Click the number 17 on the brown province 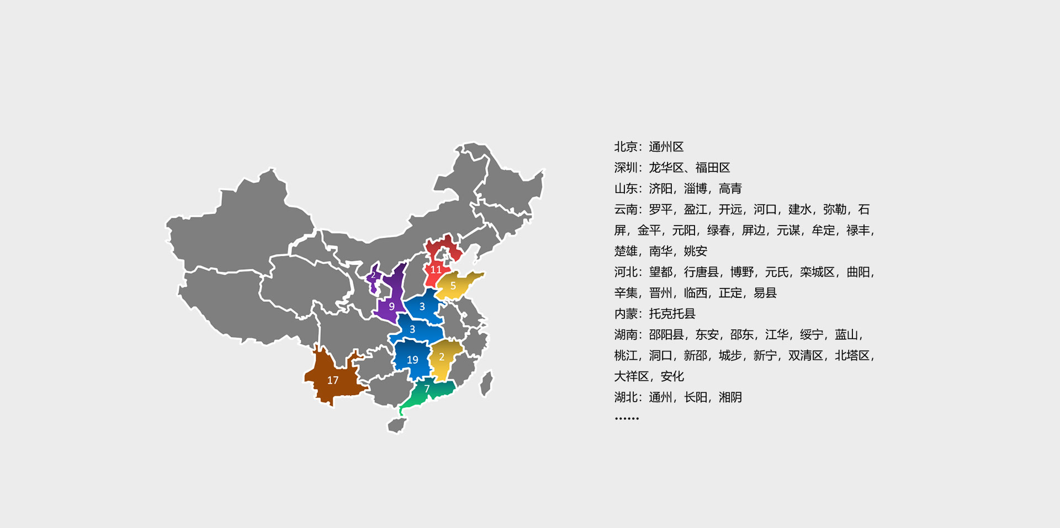pos(332,380)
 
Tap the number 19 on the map pos(412,360)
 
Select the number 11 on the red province pos(436,270)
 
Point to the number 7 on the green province pos(427,389)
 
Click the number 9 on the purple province pos(391,306)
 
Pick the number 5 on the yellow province pos(453,286)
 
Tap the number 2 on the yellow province pos(442,357)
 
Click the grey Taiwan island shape pos(486,383)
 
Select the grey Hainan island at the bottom pos(396,425)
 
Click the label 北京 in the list pos(626,147)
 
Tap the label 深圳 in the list pos(626,168)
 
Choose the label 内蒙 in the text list pos(626,314)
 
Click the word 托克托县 pos(672,314)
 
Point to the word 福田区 pos(713,168)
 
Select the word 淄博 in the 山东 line pos(695,189)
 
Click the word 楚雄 pos(626,251)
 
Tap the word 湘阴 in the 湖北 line pos(730,397)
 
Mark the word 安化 pos(672,376)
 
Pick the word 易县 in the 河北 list pos(765,293)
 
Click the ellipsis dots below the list pos(627,419)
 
